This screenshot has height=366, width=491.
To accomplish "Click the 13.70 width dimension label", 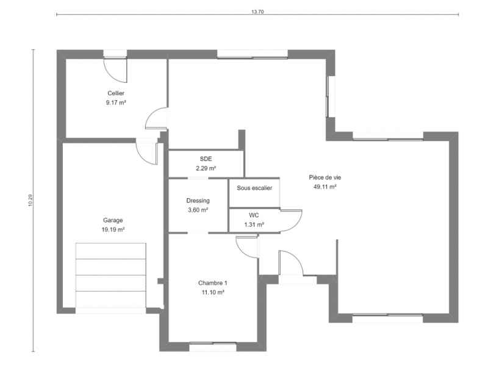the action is tap(257, 12).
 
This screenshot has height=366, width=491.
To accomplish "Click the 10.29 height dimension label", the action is tap(30, 200).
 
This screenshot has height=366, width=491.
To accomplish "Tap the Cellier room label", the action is tap(116, 93).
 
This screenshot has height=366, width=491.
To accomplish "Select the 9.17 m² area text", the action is tap(116, 102).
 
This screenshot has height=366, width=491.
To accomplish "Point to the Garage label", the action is tap(113, 220).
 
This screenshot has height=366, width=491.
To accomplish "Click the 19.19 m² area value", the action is tap(113, 229).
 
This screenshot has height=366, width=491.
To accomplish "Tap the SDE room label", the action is tap(206, 159).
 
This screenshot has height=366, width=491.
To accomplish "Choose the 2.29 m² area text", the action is tap(206, 168).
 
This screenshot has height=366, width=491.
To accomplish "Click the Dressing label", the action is tap(198, 200).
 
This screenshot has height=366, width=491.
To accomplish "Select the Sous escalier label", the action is tap(254, 188).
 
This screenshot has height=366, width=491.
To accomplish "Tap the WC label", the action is tap(254, 215).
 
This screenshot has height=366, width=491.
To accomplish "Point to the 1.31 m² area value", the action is tap(254, 224).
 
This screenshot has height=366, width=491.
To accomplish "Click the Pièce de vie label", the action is tap(325, 178).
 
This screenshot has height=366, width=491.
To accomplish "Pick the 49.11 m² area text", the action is tap(325, 187).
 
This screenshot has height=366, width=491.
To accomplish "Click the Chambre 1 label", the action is tap(213, 283).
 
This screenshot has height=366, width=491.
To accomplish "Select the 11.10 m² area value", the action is tap(213, 292).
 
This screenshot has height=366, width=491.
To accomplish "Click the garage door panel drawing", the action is tap(111, 275).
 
